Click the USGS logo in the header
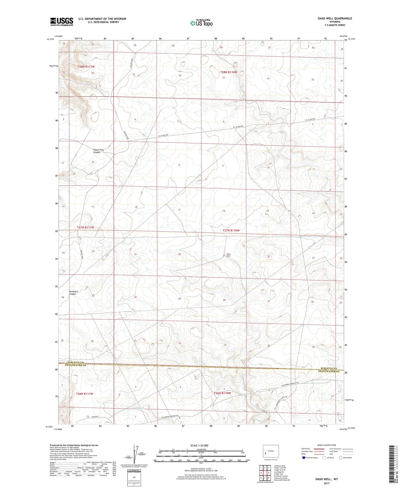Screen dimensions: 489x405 pos(62,22)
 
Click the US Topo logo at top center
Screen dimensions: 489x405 pos(201,23)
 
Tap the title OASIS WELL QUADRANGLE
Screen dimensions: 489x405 pos(335,18)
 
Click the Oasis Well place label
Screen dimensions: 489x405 pos(228,255)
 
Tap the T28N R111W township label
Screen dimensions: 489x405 pos(86,67)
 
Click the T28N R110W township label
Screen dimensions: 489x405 pos(228,72)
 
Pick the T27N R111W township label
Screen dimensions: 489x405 pos(86,227)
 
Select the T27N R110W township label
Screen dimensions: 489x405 pos(231,230)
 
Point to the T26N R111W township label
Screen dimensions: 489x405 pos(85,394)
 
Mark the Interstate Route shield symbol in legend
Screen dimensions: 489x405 pos(304,457)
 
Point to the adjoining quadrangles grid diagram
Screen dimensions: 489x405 pos(265,473)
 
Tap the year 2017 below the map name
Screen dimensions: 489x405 pos(327,483)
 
